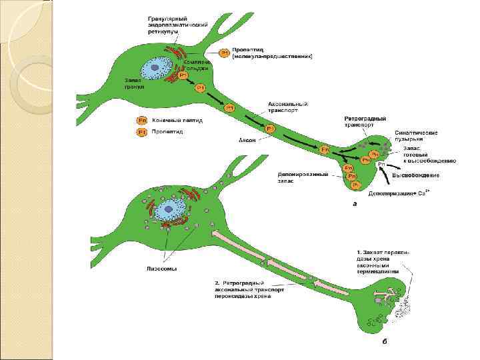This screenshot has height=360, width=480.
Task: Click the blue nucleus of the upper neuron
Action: point(159,69)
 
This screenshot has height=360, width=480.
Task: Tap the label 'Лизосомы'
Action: point(158,269)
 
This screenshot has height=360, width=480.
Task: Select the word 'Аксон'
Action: point(247,140)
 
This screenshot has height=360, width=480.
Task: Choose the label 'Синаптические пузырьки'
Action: point(415,136)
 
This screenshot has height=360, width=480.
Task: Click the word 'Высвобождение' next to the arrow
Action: point(415,175)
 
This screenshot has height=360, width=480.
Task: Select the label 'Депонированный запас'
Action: point(303,178)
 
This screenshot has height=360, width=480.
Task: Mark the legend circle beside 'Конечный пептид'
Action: point(141,121)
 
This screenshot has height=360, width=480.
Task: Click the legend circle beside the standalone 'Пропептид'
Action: point(141,133)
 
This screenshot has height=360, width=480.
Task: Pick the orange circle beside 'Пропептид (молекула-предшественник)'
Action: point(225,52)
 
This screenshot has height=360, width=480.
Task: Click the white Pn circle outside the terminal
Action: point(381,164)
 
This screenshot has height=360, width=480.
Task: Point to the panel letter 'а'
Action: point(354,204)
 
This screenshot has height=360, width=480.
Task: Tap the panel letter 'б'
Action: point(384,341)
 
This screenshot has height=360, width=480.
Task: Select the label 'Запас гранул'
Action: point(134,83)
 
